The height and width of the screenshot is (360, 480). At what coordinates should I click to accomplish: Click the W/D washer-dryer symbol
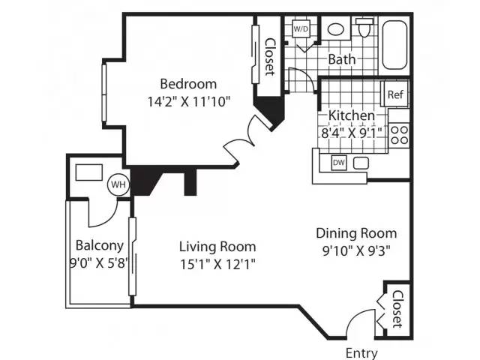point(301,28)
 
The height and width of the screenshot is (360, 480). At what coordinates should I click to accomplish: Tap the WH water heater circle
point(118,184)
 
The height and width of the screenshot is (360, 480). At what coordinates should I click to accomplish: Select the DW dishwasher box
point(338,163)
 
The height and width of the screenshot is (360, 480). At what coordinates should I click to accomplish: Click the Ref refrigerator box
point(396,94)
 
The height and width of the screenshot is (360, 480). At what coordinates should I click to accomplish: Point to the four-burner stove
point(400,135)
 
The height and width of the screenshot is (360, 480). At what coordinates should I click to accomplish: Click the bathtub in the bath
point(394,45)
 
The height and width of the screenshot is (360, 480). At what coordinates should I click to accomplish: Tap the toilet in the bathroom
point(364,28)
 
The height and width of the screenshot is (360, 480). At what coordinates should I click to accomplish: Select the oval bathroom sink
point(336,29)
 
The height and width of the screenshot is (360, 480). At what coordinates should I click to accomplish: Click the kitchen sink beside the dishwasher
point(361,163)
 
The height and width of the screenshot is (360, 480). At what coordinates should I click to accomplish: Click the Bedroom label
point(188,84)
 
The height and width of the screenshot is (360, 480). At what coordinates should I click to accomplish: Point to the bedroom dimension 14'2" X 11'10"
point(188,102)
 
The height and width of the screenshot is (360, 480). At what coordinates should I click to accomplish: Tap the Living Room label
point(217,247)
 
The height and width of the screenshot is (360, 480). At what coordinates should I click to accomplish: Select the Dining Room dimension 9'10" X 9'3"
point(357,251)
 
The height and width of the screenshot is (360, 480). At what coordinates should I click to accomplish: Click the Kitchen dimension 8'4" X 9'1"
point(352,133)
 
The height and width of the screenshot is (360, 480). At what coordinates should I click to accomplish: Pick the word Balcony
point(100,246)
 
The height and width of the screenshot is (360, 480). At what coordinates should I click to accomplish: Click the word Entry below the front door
point(361,353)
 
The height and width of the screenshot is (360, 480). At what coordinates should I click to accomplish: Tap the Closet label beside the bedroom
point(269,57)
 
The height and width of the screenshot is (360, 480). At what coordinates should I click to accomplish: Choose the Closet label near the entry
point(398,309)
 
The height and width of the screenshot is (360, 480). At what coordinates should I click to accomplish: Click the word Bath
point(342,59)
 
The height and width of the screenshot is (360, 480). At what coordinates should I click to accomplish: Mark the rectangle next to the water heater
point(89,172)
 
